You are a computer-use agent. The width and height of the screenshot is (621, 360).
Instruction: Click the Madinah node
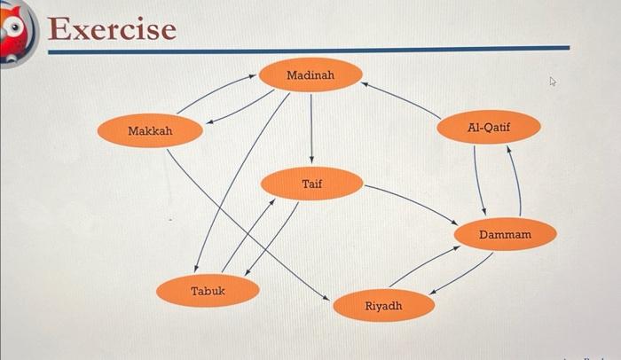[310, 74]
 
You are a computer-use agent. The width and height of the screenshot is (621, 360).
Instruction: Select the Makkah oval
[150, 130]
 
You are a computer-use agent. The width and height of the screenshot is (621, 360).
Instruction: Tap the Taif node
[311, 184]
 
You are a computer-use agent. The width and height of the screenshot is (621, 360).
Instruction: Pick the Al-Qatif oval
[488, 127]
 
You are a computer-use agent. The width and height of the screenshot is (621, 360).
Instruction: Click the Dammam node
[506, 234]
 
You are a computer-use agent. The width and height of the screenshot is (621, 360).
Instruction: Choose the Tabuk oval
[208, 291]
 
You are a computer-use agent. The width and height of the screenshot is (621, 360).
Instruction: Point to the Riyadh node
[384, 305]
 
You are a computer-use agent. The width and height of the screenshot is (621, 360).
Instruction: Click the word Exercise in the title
[112, 29]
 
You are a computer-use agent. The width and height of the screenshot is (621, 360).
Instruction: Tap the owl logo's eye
[15, 27]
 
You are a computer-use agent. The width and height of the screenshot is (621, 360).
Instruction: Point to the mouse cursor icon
[553, 82]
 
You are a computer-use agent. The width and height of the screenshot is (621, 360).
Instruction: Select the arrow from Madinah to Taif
[311, 129]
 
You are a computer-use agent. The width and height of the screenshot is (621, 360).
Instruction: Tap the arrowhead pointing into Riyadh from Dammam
[433, 293]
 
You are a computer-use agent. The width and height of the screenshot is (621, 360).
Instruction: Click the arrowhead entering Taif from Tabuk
[271, 202]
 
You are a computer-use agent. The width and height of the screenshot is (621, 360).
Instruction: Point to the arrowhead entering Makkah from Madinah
[209, 121]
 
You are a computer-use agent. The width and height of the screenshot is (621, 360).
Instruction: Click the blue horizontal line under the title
[309, 50]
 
